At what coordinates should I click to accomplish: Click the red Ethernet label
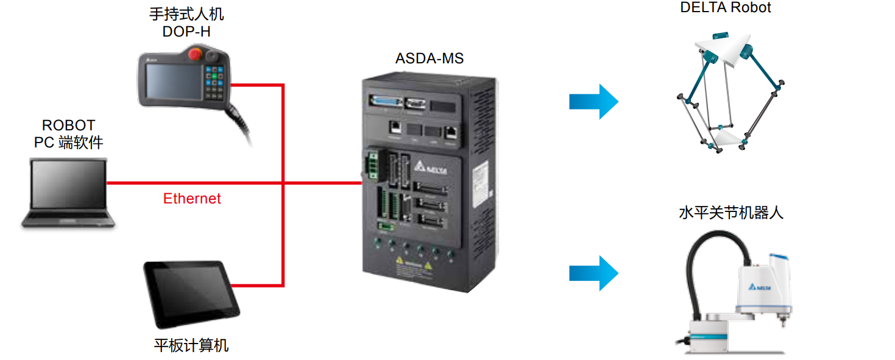192,199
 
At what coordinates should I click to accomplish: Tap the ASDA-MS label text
429,58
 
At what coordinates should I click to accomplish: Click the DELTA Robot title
725,8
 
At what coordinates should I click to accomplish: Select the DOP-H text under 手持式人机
186,32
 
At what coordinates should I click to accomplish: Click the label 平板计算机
191,345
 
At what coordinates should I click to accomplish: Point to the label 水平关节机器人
731,213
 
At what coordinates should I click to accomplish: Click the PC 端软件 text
68,143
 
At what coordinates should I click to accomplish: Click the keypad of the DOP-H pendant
214,82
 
